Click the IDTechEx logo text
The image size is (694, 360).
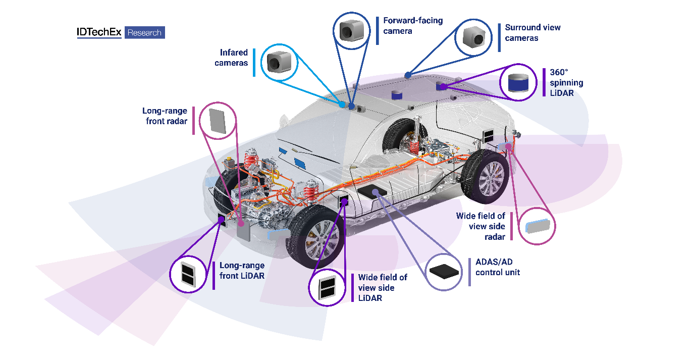pos(99,32)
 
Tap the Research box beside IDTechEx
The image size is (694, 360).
pos(144,33)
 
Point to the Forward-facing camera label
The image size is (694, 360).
pos(412,26)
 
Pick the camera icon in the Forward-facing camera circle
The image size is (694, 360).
pos(351,31)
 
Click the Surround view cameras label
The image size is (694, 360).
pos(532,33)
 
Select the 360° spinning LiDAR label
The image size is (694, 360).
pos(566,82)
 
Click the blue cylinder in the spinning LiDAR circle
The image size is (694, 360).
pos(518,82)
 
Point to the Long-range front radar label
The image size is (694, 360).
pos(165,116)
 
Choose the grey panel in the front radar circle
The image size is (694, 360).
pos(218,120)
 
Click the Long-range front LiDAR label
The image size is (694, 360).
pos(242,271)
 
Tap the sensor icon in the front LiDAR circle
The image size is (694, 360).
pos(188,274)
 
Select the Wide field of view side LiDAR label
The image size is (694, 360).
pos(382,288)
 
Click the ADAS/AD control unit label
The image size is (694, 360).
pos(497,267)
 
